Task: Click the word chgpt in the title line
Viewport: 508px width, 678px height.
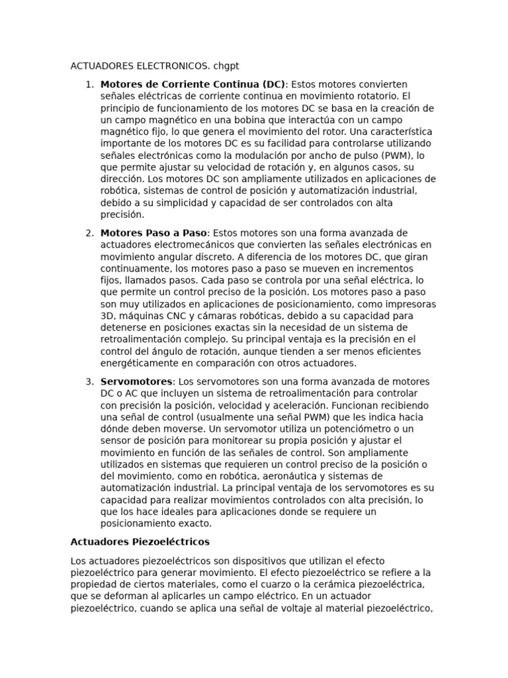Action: (x=226, y=66)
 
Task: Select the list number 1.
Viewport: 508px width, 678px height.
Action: (x=89, y=84)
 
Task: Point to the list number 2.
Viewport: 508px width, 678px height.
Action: (x=89, y=233)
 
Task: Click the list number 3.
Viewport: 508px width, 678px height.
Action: (x=89, y=381)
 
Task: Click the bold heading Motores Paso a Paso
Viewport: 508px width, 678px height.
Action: (x=153, y=233)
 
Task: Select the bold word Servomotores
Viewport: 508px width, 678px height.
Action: (x=136, y=381)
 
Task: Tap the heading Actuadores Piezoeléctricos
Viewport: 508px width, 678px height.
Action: (x=140, y=542)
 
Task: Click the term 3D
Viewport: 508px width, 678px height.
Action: (x=108, y=316)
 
